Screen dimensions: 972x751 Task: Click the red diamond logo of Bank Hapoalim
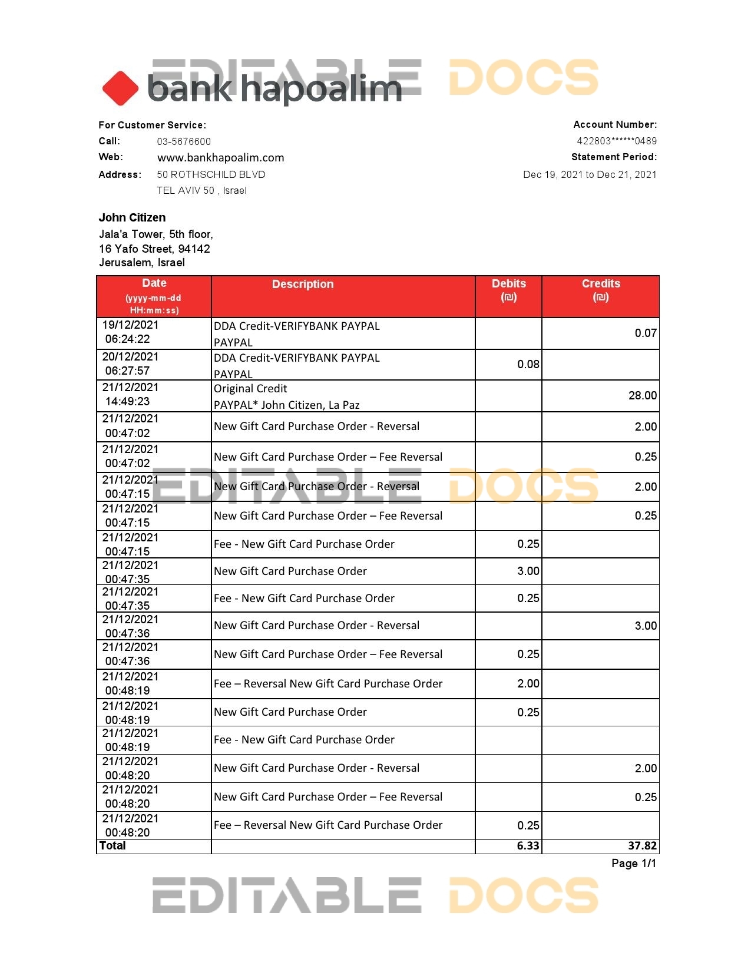(120, 88)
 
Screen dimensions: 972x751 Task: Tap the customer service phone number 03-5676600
(184, 141)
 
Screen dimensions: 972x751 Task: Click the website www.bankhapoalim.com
(220, 158)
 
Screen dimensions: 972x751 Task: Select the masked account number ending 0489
(616, 141)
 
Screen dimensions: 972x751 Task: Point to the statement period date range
(590, 174)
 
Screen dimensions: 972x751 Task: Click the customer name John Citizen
(132, 217)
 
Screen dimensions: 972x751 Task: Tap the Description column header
(303, 284)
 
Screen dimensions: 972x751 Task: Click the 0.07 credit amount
(646, 333)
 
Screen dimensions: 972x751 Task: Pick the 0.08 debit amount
(528, 364)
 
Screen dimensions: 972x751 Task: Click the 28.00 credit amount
(643, 395)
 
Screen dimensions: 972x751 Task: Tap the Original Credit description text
(250, 389)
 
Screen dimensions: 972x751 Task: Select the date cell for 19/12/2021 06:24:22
(130, 332)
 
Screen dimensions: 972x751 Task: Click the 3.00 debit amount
(528, 571)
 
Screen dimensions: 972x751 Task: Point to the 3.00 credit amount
(646, 626)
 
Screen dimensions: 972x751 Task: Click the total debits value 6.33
(528, 846)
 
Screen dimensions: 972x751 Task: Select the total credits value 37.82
(642, 846)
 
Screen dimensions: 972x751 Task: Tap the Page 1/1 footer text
(633, 864)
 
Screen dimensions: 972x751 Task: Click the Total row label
(113, 846)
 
